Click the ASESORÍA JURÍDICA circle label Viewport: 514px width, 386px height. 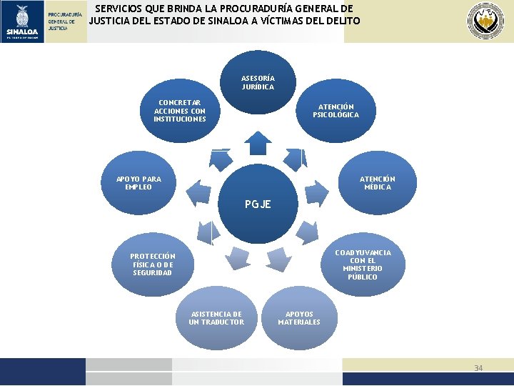(x=258, y=82)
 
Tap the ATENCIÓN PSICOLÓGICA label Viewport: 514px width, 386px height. (x=336, y=111)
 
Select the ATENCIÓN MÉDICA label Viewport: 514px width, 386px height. (x=377, y=183)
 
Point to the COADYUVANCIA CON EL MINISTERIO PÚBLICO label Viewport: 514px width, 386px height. (x=363, y=264)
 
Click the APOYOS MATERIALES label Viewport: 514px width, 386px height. (x=299, y=318)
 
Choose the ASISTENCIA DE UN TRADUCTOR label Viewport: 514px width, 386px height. (x=216, y=318)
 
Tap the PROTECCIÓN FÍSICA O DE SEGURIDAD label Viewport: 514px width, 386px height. (x=152, y=264)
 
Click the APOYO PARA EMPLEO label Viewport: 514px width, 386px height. (x=138, y=183)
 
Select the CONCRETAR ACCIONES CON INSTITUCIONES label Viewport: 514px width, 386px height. (x=180, y=111)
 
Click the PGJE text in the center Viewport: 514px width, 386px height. (x=258, y=204)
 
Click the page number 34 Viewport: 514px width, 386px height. (x=478, y=368)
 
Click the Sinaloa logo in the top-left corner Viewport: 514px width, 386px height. (x=22, y=21)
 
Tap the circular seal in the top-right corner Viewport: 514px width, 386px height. (x=485, y=21)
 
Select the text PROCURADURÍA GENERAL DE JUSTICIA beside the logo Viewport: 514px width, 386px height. (x=65, y=21)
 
